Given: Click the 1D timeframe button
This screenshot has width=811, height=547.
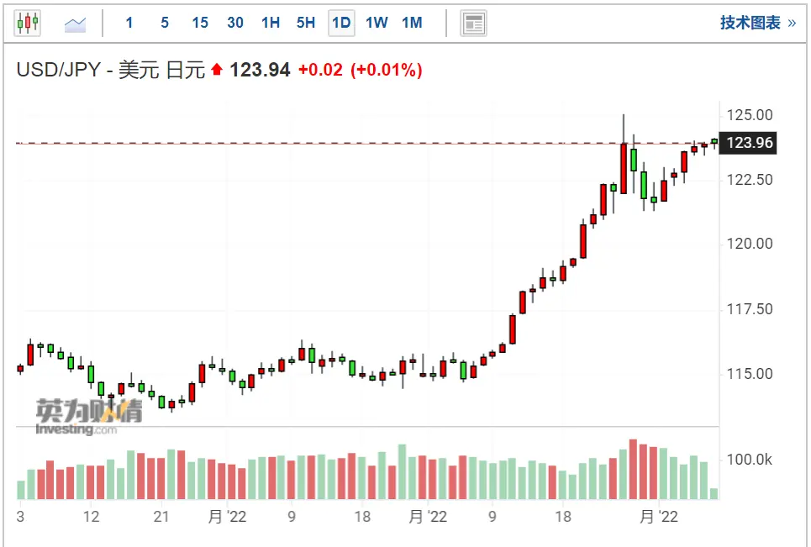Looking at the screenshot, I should coord(341,23).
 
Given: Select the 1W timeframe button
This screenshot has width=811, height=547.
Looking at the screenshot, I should coord(377,23).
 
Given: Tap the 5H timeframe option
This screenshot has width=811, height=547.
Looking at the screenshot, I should coord(306,23).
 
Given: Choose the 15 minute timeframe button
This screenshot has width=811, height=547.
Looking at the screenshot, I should coord(200,23).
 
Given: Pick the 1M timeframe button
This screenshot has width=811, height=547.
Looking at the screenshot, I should coord(412,23).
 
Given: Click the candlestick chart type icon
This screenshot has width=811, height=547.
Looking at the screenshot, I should coord(28,23).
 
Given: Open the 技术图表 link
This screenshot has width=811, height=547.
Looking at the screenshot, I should coord(757,23).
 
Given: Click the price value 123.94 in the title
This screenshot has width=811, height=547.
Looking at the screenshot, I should coord(260,70).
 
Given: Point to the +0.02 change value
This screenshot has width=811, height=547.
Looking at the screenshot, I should coord(320,70).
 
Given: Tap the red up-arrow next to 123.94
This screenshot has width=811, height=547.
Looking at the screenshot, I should coord(218,71).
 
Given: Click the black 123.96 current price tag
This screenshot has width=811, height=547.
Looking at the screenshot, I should coord(750,143).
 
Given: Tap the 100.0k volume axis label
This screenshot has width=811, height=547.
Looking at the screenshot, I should coord(750,460).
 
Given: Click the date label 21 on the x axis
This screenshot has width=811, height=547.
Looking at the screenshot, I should coord(162,517).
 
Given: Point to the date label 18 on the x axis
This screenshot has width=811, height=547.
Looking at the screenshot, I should coord(362,517).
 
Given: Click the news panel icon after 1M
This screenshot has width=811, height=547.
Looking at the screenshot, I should coord(473,24).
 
